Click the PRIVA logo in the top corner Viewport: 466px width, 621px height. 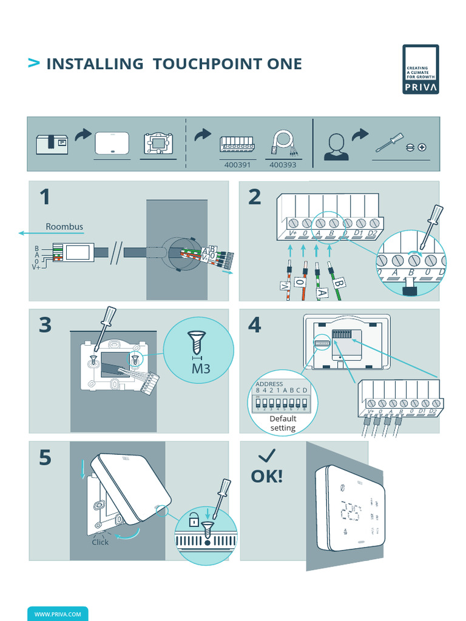[x=420, y=69]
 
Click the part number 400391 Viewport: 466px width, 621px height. [x=238, y=164]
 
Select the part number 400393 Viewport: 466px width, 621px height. [x=283, y=164]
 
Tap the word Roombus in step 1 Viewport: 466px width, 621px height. [x=64, y=227]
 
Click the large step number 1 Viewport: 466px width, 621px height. [x=45, y=197]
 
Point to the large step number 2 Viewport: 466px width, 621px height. [x=255, y=197]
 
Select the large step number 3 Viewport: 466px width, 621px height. [x=46, y=325]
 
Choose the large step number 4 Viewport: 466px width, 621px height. [x=255, y=325]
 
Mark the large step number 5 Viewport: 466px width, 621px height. [x=46, y=458]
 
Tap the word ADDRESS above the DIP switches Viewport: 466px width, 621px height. [x=269, y=384]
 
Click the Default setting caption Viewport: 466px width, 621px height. [x=283, y=423]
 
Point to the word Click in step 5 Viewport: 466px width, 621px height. [x=100, y=542]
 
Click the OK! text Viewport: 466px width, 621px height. [x=267, y=476]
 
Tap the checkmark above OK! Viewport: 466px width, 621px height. [x=266, y=455]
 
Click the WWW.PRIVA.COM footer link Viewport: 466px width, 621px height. [x=58, y=614]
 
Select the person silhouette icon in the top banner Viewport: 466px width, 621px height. [x=336, y=147]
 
